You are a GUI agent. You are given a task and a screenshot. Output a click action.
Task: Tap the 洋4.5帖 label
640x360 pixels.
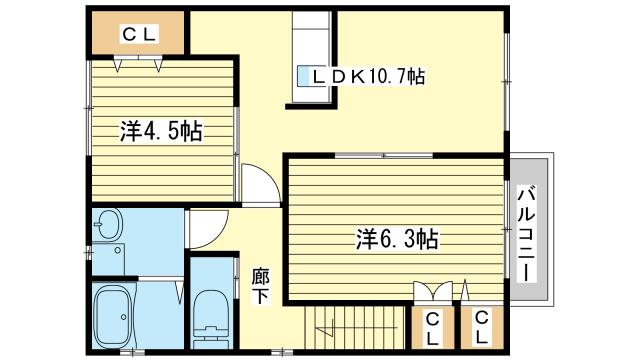point(162,131)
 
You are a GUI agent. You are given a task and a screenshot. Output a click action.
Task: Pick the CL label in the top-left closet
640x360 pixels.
point(140,35)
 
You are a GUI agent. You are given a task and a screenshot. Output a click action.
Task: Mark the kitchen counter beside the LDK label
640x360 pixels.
point(313,60)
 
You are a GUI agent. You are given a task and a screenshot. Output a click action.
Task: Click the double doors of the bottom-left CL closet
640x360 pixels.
point(431,293)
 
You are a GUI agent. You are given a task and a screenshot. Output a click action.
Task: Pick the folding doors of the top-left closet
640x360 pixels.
point(139,63)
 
